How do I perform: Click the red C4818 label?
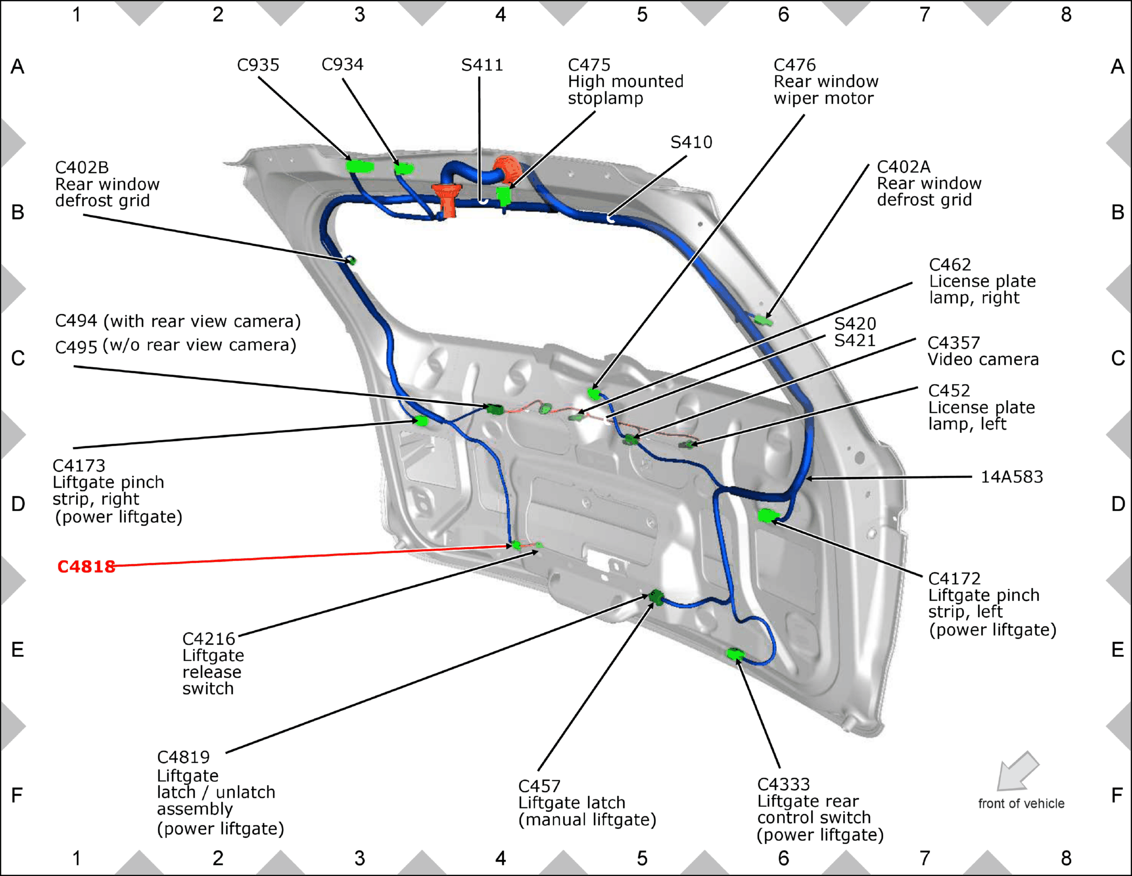(x=86, y=566)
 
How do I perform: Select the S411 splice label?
(x=481, y=65)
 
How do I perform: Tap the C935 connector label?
(x=258, y=65)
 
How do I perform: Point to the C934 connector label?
(x=342, y=64)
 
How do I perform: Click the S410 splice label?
(x=691, y=142)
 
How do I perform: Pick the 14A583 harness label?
(x=1011, y=477)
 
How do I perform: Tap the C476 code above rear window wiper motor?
(x=794, y=65)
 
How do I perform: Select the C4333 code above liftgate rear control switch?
(x=783, y=784)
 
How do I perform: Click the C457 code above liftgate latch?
(x=539, y=786)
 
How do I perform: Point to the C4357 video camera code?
(x=953, y=343)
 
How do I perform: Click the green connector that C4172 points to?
(x=767, y=515)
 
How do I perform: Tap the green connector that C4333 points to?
(x=735, y=654)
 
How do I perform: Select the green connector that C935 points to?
(x=360, y=166)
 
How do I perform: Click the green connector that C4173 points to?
(x=421, y=421)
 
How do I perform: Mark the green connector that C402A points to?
(x=764, y=320)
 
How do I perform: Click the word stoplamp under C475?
(x=605, y=98)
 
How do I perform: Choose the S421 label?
(x=855, y=340)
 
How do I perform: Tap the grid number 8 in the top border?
(x=1066, y=14)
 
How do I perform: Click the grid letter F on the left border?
(x=17, y=795)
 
